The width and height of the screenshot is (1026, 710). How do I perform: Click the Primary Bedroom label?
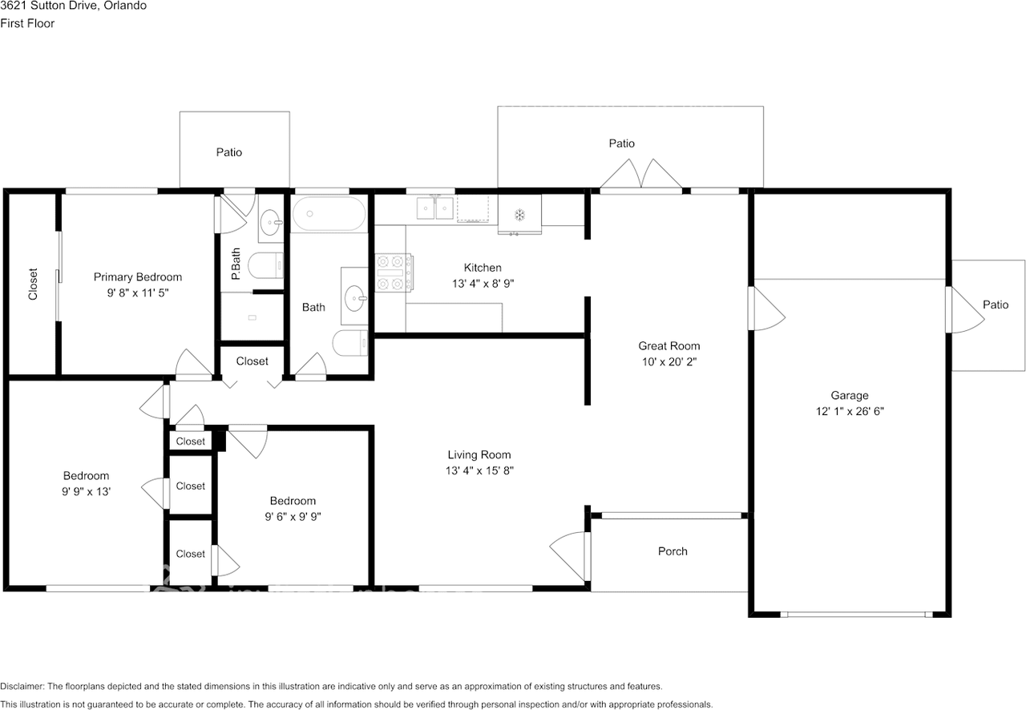point(137,277)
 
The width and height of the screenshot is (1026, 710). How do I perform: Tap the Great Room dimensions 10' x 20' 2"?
point(669,362)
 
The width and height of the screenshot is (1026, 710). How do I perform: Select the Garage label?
point(850,395)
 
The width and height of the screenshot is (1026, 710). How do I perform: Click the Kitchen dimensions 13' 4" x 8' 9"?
point(483,284)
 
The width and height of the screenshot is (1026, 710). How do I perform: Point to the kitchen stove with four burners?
point(394,273)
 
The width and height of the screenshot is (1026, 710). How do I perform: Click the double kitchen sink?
point(434,208)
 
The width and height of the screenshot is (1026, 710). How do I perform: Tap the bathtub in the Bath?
point(329,214)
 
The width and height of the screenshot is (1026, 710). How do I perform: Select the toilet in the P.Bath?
point(265,265)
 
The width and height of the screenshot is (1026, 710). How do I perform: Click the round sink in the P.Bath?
point(271,223)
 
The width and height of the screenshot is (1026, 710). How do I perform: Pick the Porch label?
point(673,551)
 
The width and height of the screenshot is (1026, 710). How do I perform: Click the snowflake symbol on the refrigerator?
point(519,215)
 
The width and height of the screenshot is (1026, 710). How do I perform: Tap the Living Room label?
point(479,455)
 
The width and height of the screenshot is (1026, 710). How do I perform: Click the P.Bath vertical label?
point(236,264)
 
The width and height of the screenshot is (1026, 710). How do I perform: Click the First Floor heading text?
point(27,23)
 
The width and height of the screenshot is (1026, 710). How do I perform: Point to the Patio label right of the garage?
point(996,305)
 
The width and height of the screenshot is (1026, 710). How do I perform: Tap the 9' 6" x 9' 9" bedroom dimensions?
point(293,517)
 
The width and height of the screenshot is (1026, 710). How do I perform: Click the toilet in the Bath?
point(350,343)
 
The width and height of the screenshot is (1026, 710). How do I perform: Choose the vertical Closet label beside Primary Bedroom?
point(33,284)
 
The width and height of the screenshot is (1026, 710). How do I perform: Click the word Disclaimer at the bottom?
point(22,686)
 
